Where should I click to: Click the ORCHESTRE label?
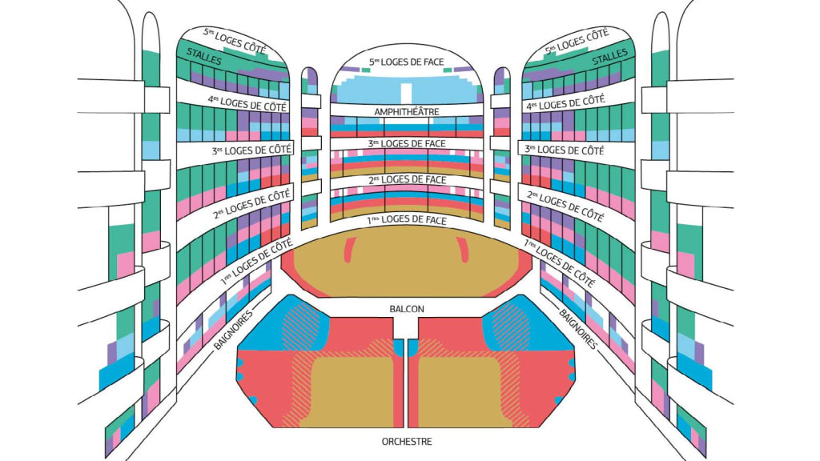point(407,442)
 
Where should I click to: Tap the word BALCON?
point(407,309)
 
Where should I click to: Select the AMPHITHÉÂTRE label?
point(406,111)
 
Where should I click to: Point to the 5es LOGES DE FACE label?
point(406,62)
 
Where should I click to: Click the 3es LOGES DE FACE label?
point(406,143)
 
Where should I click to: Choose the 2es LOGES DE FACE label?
point(406,180)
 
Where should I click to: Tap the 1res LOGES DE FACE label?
point(406,218)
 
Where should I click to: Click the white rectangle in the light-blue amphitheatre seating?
point(406,90)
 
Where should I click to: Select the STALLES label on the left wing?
point(204,56)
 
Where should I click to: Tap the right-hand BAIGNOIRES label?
point(578,329)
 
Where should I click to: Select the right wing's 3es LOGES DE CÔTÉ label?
point(564,150)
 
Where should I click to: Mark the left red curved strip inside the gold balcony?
point(349,251)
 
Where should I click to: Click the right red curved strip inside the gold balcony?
point(465,251)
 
